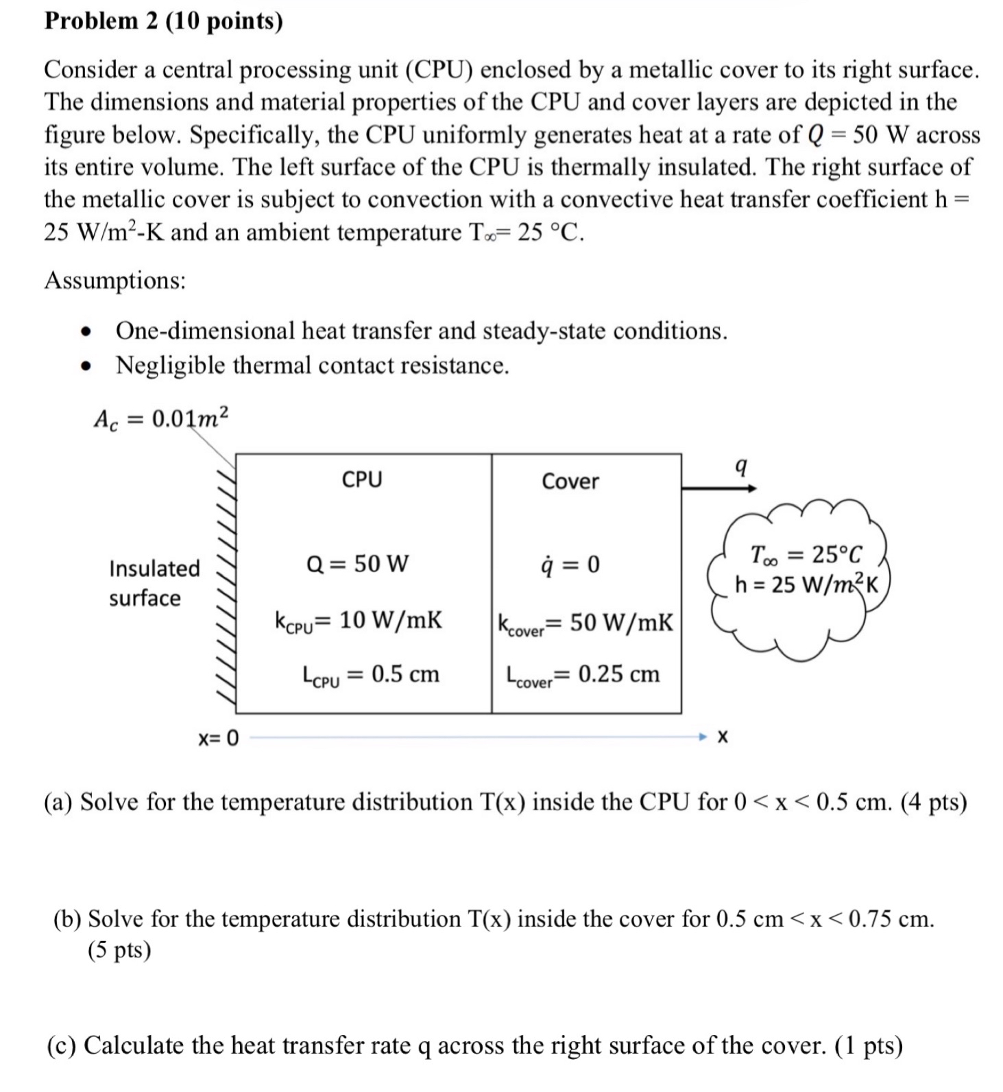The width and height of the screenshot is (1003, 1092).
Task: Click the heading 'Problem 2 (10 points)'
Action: pos(163,22)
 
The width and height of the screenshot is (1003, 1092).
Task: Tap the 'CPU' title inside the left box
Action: pos(362,479)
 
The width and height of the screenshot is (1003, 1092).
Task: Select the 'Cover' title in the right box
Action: pos(570,482)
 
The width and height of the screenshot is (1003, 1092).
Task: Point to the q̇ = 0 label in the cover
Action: pos(570,565)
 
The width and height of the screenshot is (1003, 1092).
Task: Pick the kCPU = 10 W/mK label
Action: pos(358,620)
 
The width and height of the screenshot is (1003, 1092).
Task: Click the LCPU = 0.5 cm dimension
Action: pos(371,674)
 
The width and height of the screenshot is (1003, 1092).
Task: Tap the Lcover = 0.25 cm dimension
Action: pos(583,675)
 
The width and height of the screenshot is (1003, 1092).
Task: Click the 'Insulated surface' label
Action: pos(154,583)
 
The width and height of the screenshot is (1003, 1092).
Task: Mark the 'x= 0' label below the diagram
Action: pos(218,738)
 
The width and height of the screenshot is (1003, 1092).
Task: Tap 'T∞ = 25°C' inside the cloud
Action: pos(806,554)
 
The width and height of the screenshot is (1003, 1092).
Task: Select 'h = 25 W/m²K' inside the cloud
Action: pos(806,585)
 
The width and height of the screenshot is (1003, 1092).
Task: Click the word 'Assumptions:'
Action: pos(115,281)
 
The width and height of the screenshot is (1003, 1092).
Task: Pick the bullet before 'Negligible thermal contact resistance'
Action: pos(85,366)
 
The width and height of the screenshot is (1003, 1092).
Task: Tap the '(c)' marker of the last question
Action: pos(62,1045)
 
